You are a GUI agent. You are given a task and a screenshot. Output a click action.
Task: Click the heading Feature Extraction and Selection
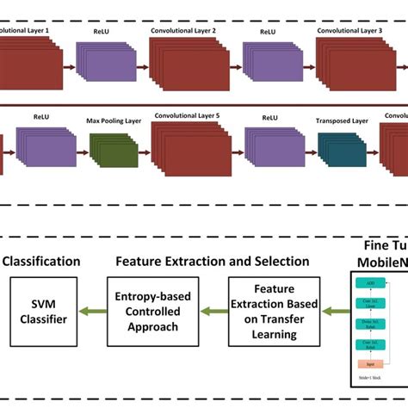click(x=213, y=261)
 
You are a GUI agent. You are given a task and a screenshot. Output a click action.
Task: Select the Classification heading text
click(x=40, y=261)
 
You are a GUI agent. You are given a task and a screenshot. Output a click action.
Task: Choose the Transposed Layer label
click(x=343, y=121)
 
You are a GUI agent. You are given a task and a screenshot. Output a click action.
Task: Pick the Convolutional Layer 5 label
click(x=184, y=115)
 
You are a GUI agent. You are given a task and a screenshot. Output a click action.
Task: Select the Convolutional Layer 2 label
click(x=183, y=30)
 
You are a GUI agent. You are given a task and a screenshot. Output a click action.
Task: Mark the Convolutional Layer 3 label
click(x=349, y=30)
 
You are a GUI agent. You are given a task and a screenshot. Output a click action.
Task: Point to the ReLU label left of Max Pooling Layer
click(x=41, y=115)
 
